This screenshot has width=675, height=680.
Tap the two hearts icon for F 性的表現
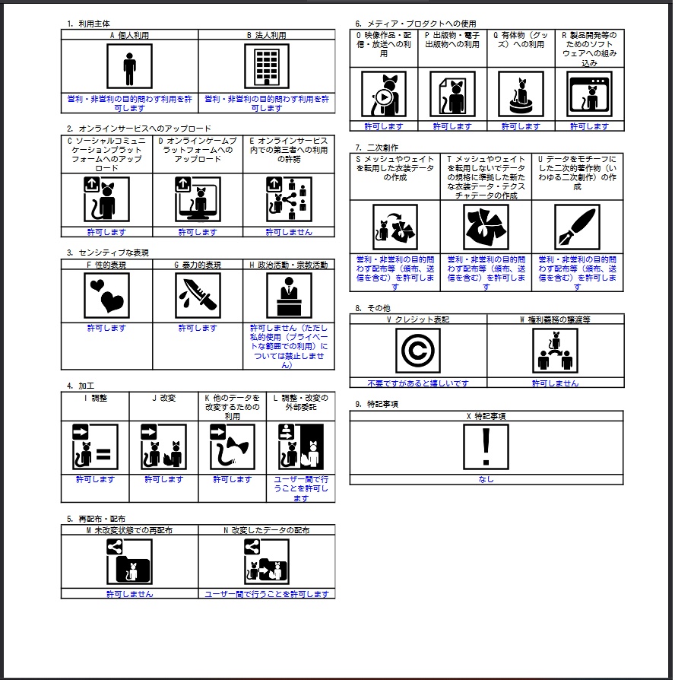(x=106, y=295)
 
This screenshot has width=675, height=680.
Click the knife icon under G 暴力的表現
(x=198, y=295)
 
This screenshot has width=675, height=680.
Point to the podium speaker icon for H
(x=289, y=295)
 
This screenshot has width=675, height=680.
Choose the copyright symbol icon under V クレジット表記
(x=417, y=351)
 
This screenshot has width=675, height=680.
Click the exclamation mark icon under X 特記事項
(x=486, y=446)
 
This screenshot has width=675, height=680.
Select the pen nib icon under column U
(x=577, y=227)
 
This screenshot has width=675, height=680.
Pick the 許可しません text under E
(x=289, y=232)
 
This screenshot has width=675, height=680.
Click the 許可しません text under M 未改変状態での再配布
(x=129, y=594)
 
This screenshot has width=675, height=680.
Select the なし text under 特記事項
(x=486, y=479)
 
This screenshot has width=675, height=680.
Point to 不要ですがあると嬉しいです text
(x=418, y=383)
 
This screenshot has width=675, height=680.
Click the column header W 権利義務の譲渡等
(x=555, y=319)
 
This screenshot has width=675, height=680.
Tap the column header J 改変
(x=163, y=398)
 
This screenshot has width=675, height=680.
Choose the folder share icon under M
(x=129, y=561)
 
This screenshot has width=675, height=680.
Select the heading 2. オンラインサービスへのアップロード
(x=139, y=129)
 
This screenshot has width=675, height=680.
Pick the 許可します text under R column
(x=589, y=126)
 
